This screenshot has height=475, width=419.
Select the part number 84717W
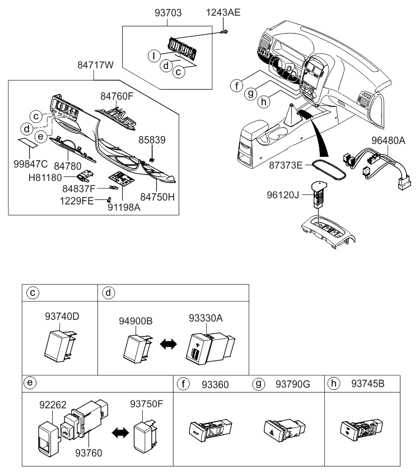(95, 66)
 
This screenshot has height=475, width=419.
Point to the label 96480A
(388, 141)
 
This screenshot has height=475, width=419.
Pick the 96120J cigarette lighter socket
(319, 193)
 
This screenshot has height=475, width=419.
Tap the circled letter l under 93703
(152, 55)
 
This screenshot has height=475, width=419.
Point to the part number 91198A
(124, 206)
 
